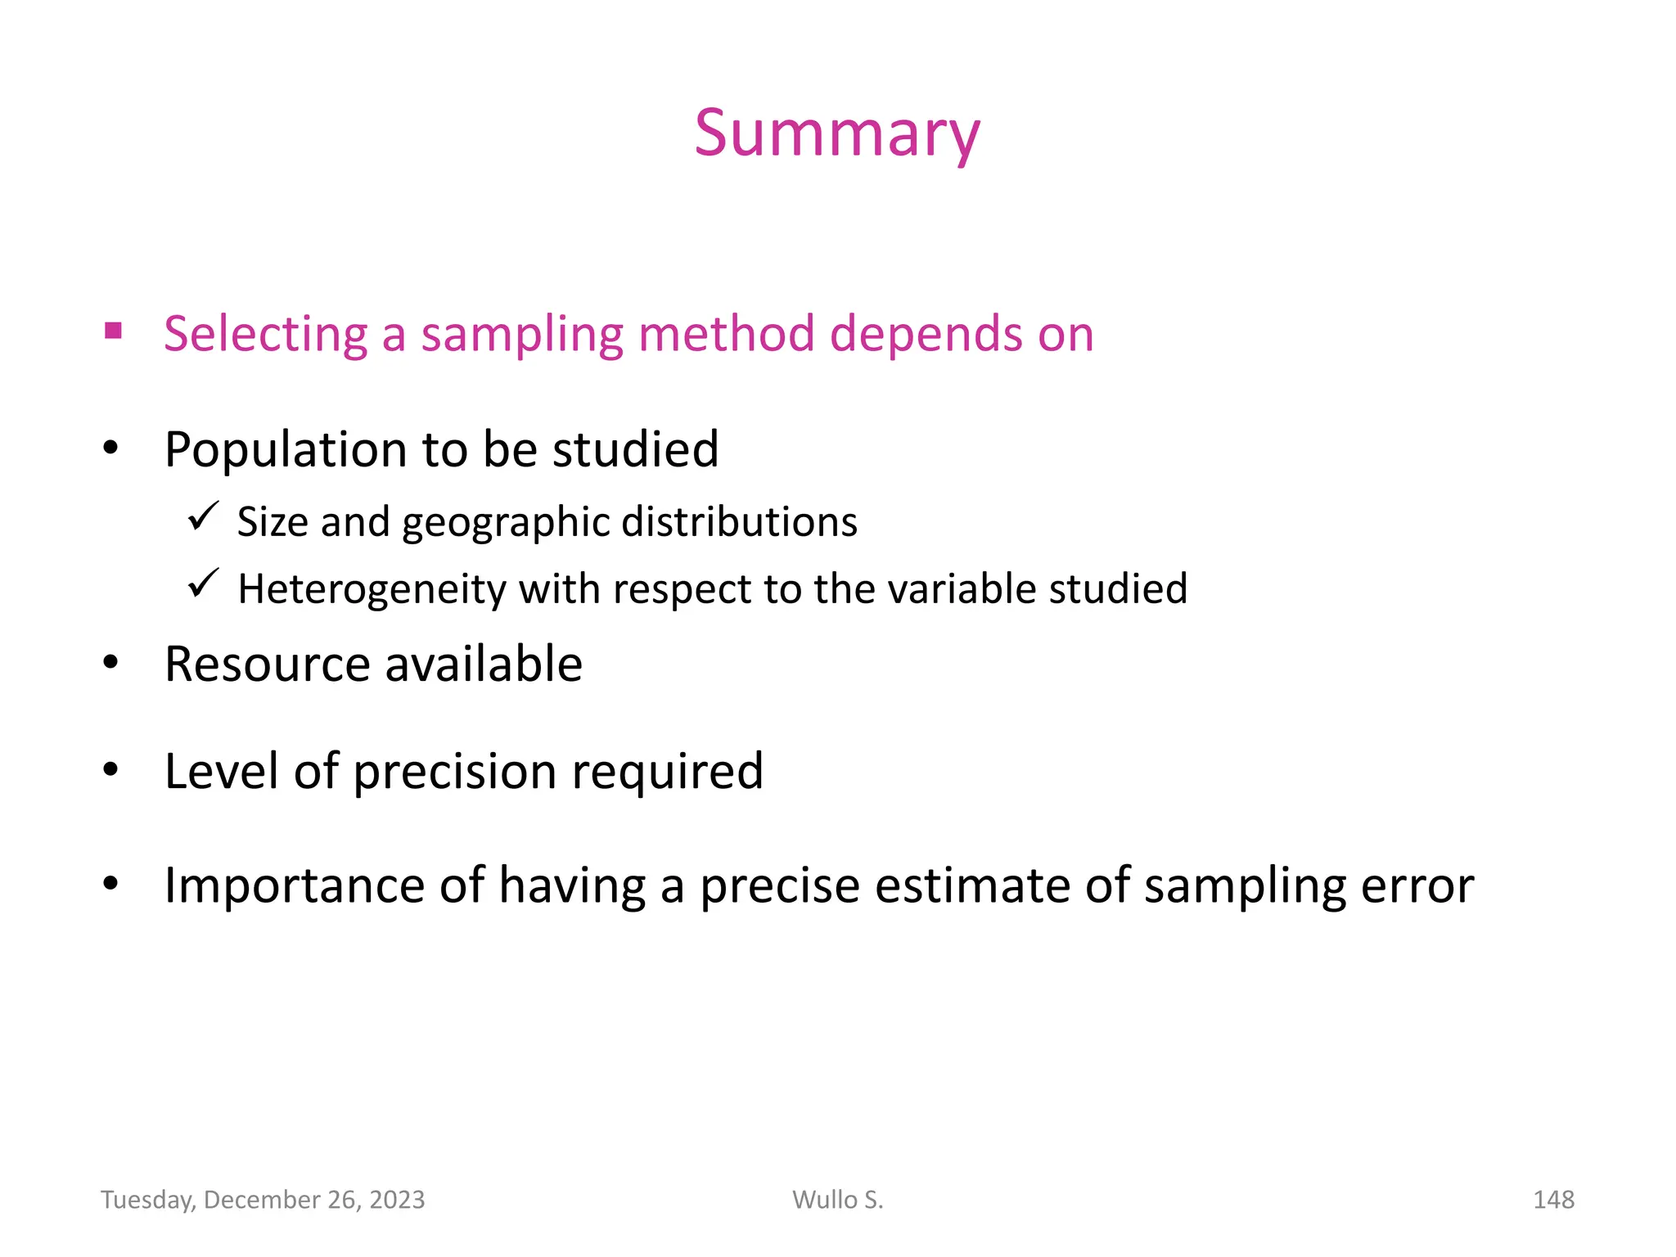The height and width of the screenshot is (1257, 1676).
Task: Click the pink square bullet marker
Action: click(x=113, y=331)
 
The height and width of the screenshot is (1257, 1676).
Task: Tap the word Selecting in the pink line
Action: click(x=266, y=335)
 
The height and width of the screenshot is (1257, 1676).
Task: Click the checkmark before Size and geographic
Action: click(x=202, y=516)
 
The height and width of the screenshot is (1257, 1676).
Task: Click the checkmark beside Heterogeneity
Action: click(x=202, y=583)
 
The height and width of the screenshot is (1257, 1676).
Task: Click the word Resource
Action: click(x=267, y=664)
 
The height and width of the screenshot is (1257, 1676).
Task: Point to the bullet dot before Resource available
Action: click(x=111, y=662)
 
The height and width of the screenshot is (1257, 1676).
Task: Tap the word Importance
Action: click(x=294, y=886)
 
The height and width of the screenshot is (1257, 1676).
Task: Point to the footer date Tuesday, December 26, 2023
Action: click(x=263, y=1200)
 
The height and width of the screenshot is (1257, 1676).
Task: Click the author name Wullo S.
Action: click(x=837, y=1200)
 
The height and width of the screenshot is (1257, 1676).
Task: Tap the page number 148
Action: click(x=1552, y=1200)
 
